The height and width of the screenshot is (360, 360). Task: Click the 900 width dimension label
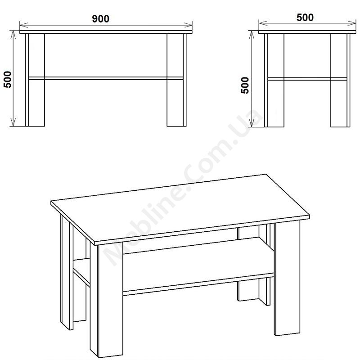pyautogui.click(x=100, y=19)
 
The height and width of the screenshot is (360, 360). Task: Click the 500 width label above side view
pyautogui.click(x=305, y=18)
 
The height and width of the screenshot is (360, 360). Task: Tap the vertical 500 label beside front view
pyautogui.click(x=8, y=80)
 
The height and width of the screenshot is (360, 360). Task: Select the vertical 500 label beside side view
pyautogui.click(x=245, y=85)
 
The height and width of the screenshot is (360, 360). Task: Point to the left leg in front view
pyautogui.click(x=35, y=80)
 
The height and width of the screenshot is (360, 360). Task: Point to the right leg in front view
pyautogui.click(x=176, y=80)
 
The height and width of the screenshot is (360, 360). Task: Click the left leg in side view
pyautogui.click(x=274, y=81)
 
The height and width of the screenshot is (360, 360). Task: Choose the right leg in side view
pyautogui.click(x=340, y=81)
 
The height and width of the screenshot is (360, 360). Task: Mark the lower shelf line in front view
pyautogui.click(x=106, y=78)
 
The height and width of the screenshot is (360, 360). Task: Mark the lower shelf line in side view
pyautogui.click(x=307, y=79)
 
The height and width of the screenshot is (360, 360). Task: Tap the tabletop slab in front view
pyautogui.click(x=106, y=32)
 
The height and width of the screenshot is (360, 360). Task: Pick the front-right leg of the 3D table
pyautogui.click(x=287, y=277)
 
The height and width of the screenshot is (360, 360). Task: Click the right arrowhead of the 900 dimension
pyautogui.click(x=188, y=25)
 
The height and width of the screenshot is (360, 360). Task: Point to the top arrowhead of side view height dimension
pyautogui.click(x=252, y=35)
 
